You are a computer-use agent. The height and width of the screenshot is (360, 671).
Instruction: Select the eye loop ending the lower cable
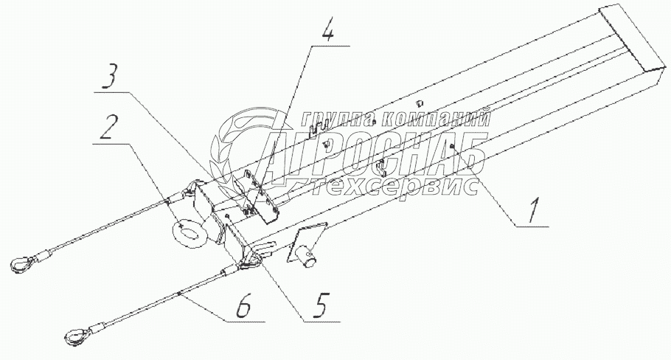[x=75, y=337]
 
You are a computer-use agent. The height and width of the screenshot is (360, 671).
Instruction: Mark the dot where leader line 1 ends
[x=451, y=147]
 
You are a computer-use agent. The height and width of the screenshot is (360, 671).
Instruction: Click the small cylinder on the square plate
[x=308, y=257]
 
